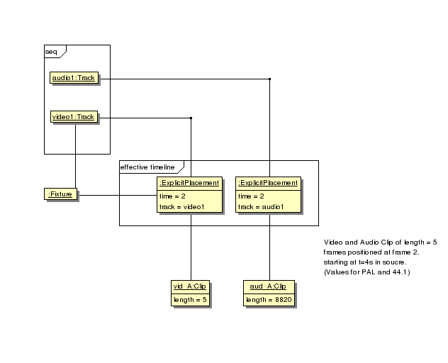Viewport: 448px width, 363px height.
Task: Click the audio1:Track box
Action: [x=74, y=78]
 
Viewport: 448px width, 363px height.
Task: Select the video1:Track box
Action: [x=74, y=117]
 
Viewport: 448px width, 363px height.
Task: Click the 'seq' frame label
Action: [x=52, y=51]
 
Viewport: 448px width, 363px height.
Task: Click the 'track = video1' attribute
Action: [x=181, y=207]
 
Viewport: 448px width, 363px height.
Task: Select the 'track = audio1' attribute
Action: [x=261, y=207]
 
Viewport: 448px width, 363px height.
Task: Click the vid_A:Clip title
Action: [x=189, y=286]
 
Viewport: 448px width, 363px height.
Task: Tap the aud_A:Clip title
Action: [x=269, y=286]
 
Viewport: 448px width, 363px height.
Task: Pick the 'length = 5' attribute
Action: [x=189, y=300]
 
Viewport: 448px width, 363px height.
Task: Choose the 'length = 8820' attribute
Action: [x=269, y=300]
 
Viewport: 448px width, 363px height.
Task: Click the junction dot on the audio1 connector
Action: [x=269, y=79]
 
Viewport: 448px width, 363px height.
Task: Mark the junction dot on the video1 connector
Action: [x=191, y=118]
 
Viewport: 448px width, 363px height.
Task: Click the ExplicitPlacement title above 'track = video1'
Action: [x=189, y=182]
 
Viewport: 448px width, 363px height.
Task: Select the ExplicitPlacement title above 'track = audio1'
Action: [x=268, y=182]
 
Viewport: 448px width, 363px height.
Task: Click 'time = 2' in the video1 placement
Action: [x=173, y=196]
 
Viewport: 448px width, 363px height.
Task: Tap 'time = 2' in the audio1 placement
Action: [x=252, y=196]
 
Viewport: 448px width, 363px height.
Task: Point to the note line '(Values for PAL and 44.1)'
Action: [x=366, y=272]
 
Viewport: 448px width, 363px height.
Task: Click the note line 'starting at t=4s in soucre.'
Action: [x=365, y=262]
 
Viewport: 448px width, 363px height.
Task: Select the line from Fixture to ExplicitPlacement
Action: [x=117, y=194]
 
